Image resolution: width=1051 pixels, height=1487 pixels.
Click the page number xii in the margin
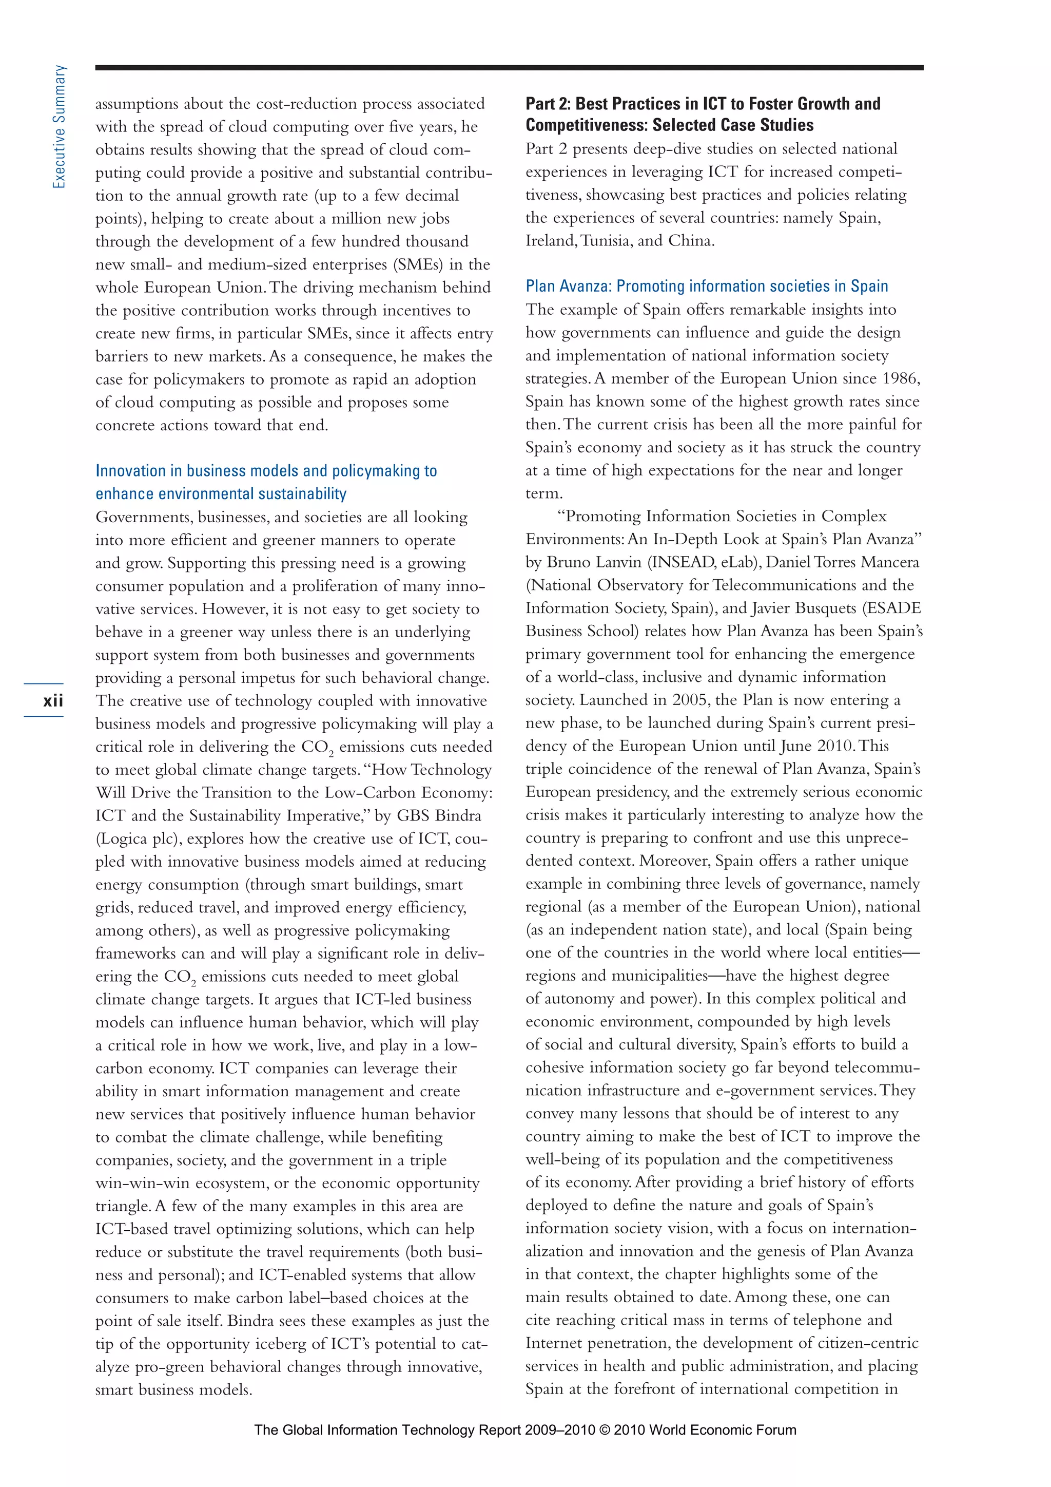tap(53, 701)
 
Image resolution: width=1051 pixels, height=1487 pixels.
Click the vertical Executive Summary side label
tap(60, 127)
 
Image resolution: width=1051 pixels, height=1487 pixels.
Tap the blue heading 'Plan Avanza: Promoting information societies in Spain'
tap(706, 287)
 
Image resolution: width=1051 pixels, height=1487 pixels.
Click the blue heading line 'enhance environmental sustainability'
tap(221, 494)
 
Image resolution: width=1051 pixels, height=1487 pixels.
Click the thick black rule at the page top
tap(509, 67)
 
